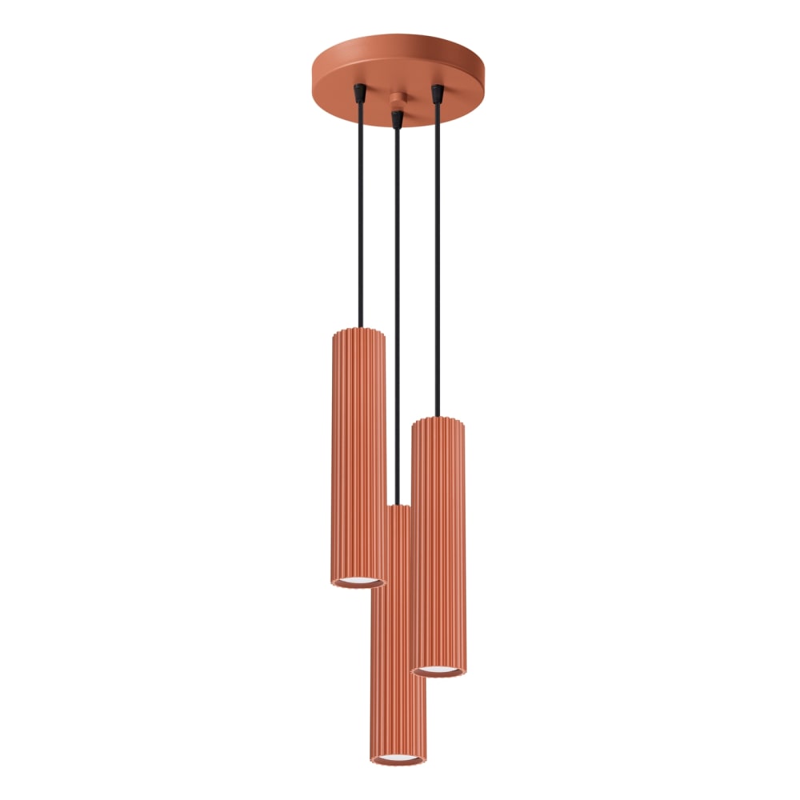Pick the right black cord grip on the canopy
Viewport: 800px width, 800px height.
pyautogui.click(x=437, y=94)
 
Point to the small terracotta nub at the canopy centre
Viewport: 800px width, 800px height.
pyautogui.click(x=396, y=100)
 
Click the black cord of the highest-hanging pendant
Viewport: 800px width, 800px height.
pyautogui.click(x=362, y=216)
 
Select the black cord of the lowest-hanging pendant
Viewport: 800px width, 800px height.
pyautogui.click(x=397, y=320)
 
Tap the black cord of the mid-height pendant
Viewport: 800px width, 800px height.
pyautogui.click(x=438, y=264)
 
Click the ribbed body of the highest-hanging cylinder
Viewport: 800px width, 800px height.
pyautogui.click(x=358, y=456)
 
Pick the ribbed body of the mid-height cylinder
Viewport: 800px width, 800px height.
pyautogui.click(x=438, y=544)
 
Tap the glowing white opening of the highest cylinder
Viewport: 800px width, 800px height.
pyautogui.click(x=358, y=578)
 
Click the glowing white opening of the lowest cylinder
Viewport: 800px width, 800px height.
pyautogui.click(x=398, y=756)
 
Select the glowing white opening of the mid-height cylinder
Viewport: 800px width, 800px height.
pyautogui.click(x=439, y=668)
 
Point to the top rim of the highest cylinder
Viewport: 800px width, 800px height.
pyautogui.click(x=358, y=330)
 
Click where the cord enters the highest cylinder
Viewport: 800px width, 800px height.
pyautogui.click(x=362, y=327)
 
